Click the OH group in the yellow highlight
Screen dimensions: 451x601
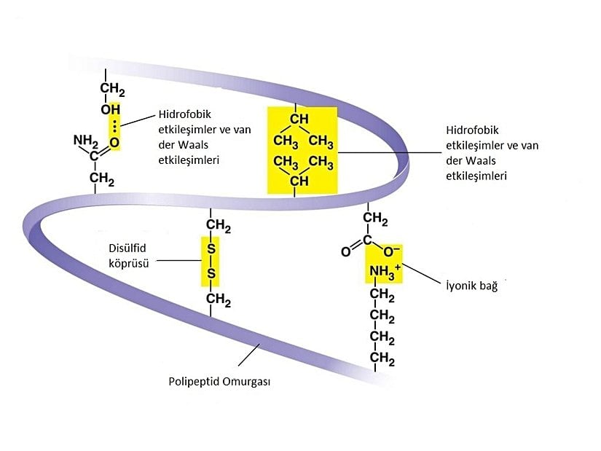click(x=110, y=109)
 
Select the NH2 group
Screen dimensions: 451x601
click(x=85, y=140)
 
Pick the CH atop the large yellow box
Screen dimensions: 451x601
click(x=299, y=118)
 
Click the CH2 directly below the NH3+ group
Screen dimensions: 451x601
click(x=382, y=295)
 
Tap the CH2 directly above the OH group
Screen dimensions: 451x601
click(x=112, y=90)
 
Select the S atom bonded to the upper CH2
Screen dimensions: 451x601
click(x=211, y=249)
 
